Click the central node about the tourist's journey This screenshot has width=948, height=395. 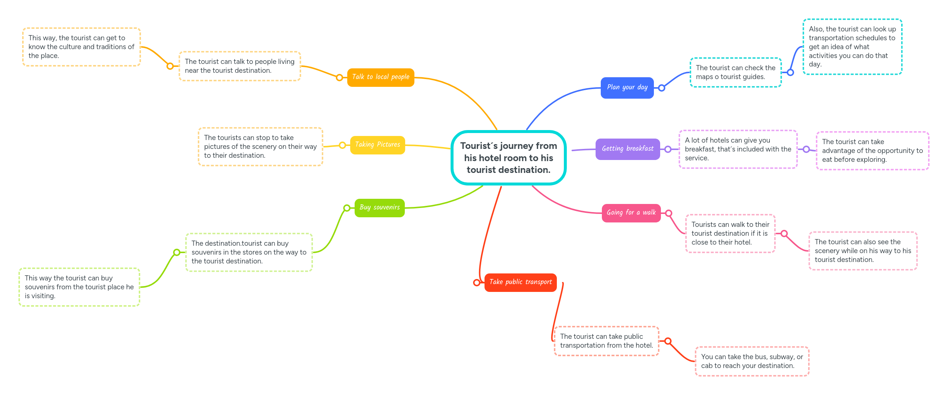[509, 158]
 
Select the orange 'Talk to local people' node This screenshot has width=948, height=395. [380, 77]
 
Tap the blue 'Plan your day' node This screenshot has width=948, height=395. [627, 88]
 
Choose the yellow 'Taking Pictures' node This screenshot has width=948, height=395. [377, 145]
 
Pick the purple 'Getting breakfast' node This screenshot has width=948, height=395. [627, 149]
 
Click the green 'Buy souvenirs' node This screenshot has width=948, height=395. [379, 208]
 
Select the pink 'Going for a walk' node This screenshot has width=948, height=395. [631, 213]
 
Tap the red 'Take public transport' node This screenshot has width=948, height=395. [520, 282]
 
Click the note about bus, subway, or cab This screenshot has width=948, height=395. [752, 361]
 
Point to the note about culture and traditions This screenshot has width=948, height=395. [81, 47]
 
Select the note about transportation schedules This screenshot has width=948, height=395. [852, 47]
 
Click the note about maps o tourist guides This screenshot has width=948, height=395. [735, 72]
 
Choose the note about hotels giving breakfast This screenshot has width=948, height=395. [738, 149]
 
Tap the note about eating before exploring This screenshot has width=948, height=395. [872, 151]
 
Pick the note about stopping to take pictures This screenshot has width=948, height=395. [260, 147]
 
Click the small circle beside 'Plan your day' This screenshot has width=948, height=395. [662, 88]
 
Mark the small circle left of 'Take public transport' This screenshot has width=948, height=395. [477, 283]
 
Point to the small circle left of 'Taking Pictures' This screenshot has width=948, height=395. [342, 145]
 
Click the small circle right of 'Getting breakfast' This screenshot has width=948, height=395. [668, 149]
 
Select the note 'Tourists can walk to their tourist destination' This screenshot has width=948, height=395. [730, 234]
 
